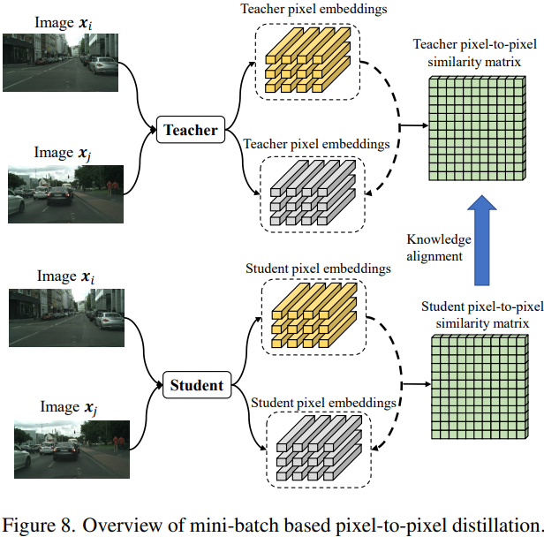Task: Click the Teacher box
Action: click(x=190, y=131)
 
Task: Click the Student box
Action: click(x=195, y=385)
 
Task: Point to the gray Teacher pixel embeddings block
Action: click(x=308, y=189)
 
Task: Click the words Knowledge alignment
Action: click(x=438, y=247)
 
